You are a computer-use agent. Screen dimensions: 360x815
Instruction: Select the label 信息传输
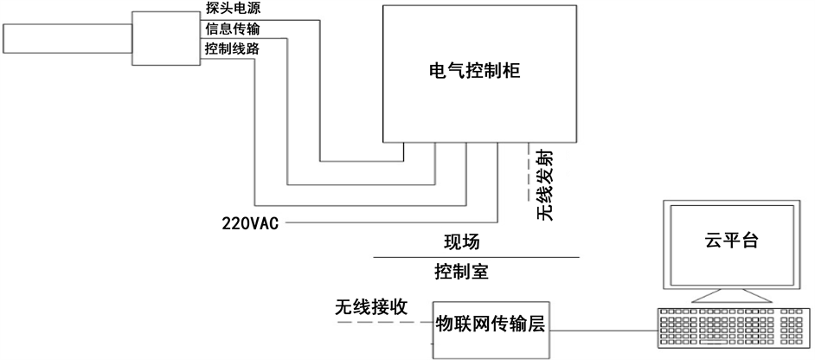pyautogui.click(x=231, y=30)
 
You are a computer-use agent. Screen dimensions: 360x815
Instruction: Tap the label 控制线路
pyautogui.click(x=231, y=49)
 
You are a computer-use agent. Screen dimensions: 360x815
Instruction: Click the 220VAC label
pyautogui.click(x=249, y=223)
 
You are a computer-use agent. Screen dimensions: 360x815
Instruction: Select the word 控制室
pyautogui.click(x=461, y=273)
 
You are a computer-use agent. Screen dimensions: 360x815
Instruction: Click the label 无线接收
pyautogui.click(x=371, y=307)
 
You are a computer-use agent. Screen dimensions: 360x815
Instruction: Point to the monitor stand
pyautogui.click(x=730, y=297)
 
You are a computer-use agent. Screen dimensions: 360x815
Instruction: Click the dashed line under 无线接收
pyautogui.click(x=381, y=323)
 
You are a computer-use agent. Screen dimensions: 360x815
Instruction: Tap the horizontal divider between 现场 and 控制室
pyautogui.click(x=476, y=258)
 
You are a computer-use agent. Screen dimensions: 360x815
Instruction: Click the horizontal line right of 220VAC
pyautogui.click(x=389, y=223)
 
